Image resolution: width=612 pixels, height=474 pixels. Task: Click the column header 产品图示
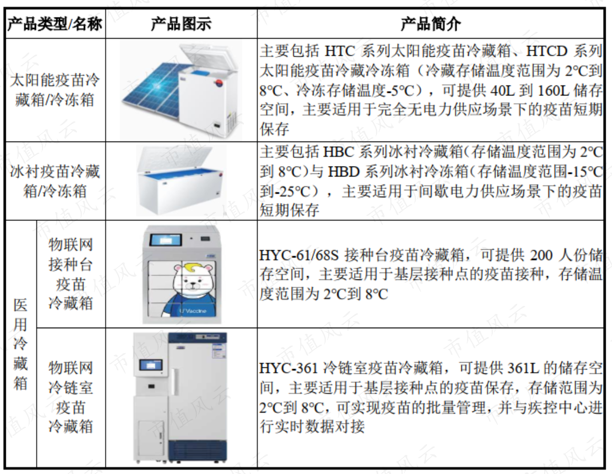pyautogui.click(x=181, y=24)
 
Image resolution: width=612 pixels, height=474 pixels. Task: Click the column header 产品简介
pyautogui.click(x=431, y=24)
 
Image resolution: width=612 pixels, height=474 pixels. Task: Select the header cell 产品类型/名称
pyautogui.click(x=55, y=24)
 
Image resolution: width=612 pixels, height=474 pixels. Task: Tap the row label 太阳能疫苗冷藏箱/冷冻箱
pyautogui.click(x=55, y=90)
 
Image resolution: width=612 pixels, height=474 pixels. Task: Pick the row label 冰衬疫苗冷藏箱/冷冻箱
pyautogui.click(x=55, y=181)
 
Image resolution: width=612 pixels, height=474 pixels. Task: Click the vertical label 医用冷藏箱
pyautogui.click(x=21, y=344)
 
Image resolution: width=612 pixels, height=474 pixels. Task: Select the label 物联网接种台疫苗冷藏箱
pyautogui.click(x=71, y=274)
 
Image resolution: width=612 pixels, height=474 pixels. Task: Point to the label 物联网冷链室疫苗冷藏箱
pyautogui.click(x=71, y=397)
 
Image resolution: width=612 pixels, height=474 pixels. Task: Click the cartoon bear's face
pyautogui.click(x=194, y=279)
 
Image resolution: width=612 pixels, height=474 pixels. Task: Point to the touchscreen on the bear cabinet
pyautogui.click(x=166, y=240)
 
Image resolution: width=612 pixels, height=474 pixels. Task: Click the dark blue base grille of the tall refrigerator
pyautogui.click(x=197, y=451)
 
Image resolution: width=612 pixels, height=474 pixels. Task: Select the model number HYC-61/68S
pyautogui.click(x=299, y=255)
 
